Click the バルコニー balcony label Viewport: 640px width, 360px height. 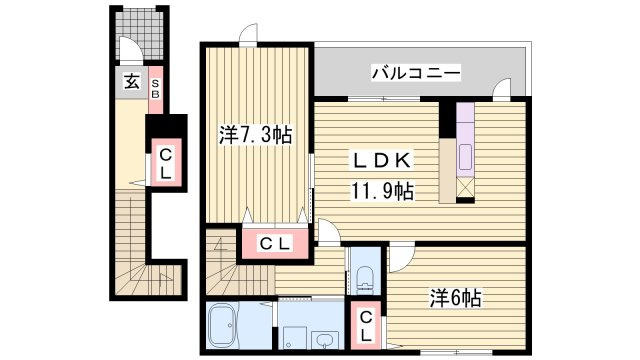point(415,72)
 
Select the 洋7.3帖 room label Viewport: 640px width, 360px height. point(256,135)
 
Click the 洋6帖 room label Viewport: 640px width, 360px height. point(456,298)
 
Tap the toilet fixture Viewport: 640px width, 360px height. point(362,276)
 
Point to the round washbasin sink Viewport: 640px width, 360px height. point(325,337)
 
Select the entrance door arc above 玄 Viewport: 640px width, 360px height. point(130,50)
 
